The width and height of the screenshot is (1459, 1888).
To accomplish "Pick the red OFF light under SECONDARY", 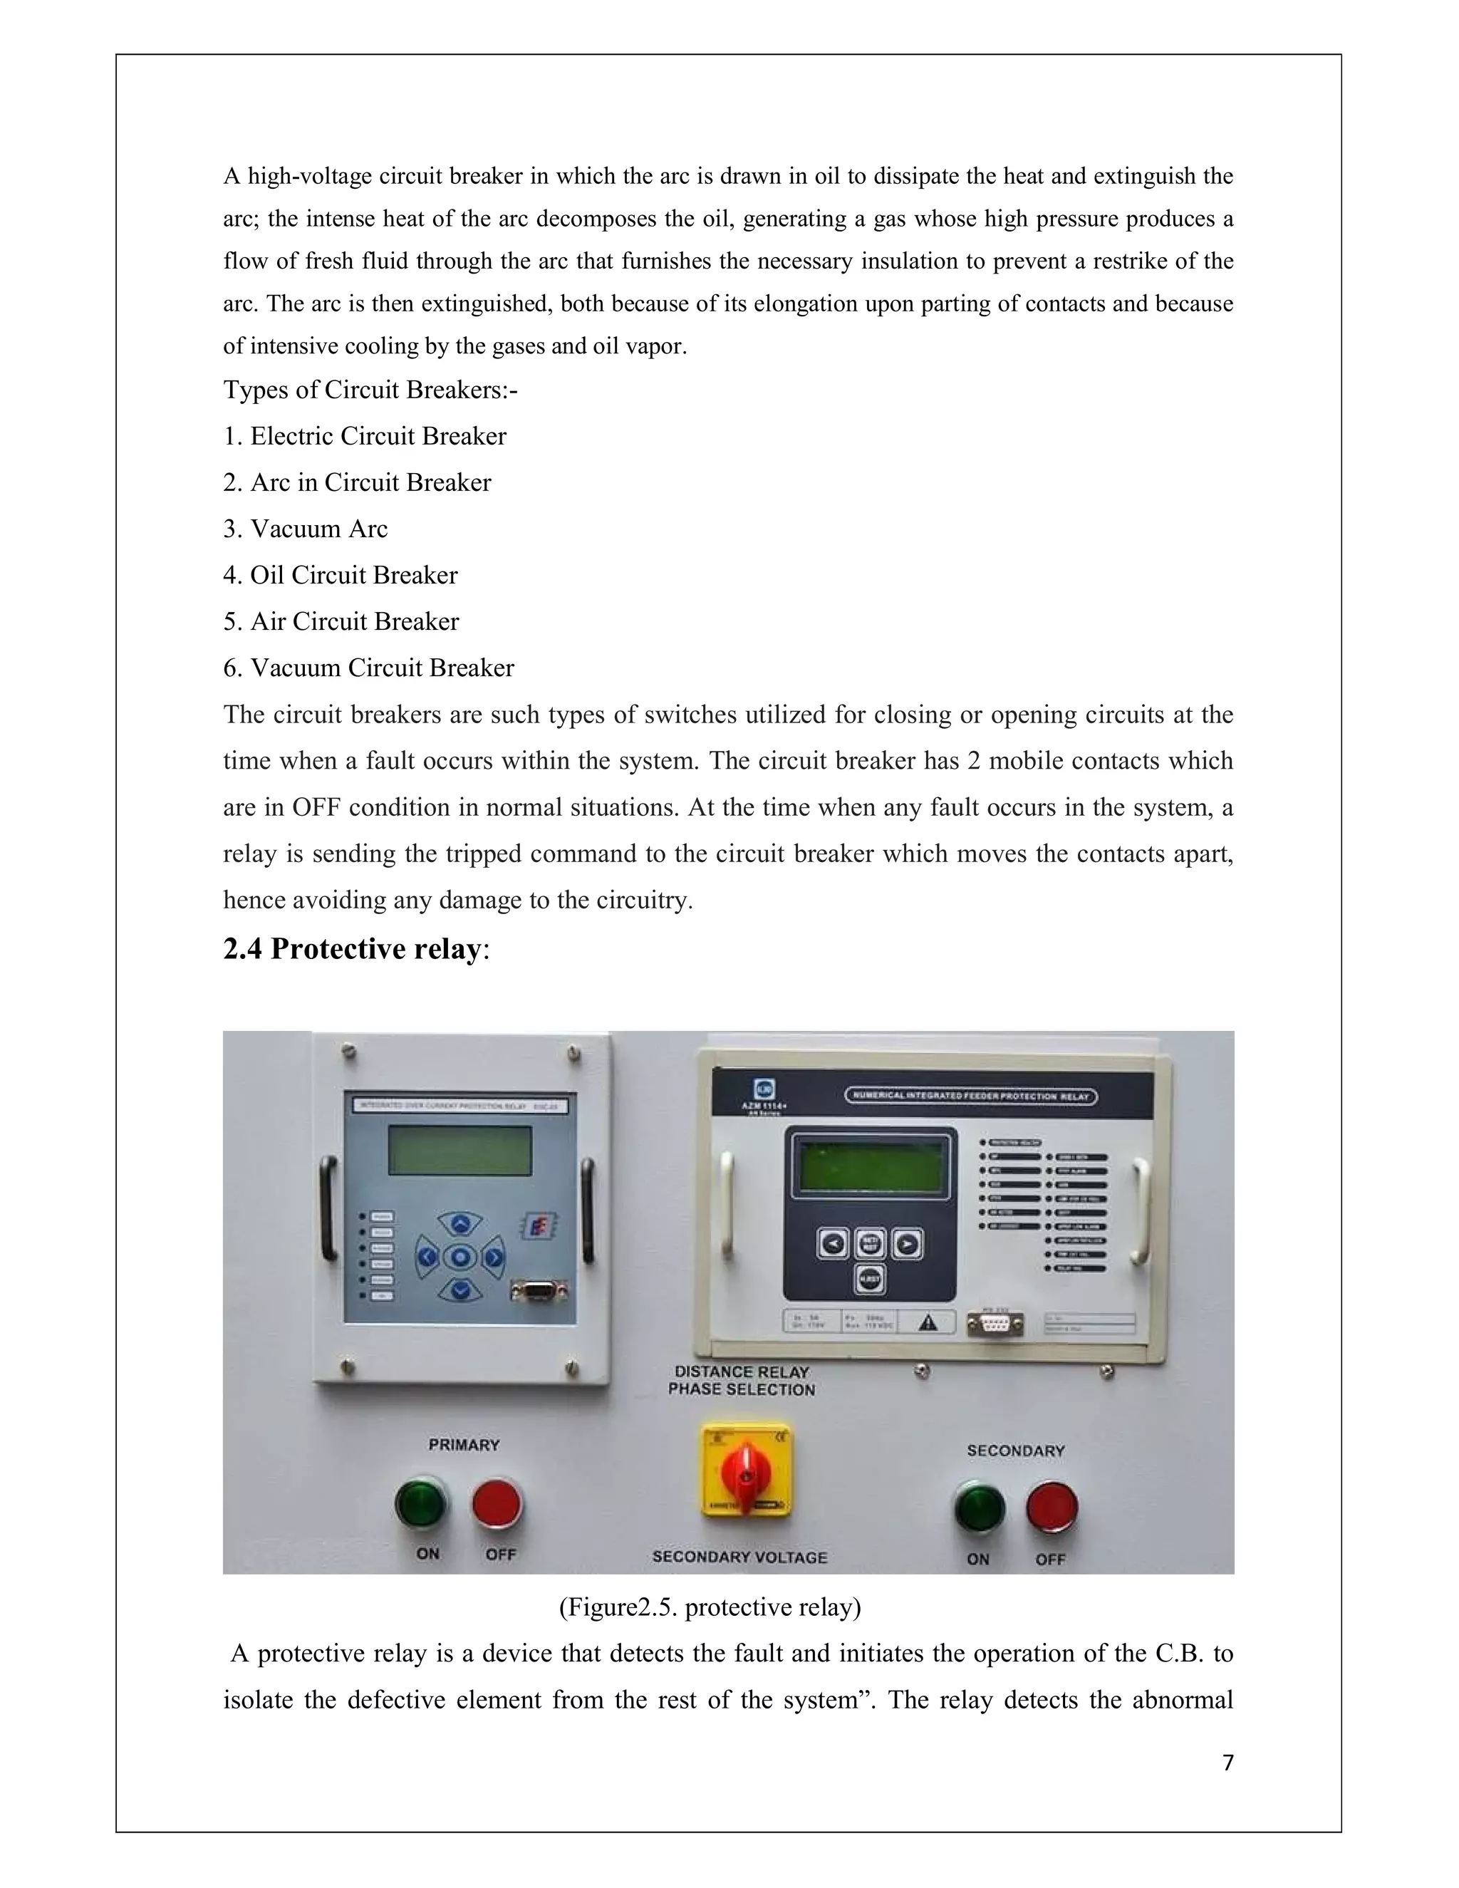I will (1052, 1508).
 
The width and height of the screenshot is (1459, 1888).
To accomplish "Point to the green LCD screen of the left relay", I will (459, 1150).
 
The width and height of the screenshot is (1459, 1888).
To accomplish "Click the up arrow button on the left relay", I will (462, 1224).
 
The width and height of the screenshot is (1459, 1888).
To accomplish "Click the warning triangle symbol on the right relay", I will (928, 1322).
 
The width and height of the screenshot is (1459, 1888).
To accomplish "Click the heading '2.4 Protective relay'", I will (356, 949).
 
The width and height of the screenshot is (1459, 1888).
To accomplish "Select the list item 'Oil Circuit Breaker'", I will (341, 575).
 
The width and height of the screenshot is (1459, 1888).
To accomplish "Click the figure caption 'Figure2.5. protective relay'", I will (710, 1607).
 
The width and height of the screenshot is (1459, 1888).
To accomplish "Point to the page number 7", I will (1227, 1763).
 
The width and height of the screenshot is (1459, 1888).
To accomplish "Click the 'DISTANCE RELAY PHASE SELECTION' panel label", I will (742, 1381).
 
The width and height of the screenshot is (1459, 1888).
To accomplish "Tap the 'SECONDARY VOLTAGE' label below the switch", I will (740, 1557).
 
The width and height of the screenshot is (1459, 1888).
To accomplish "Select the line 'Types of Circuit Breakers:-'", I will (370, 390).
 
